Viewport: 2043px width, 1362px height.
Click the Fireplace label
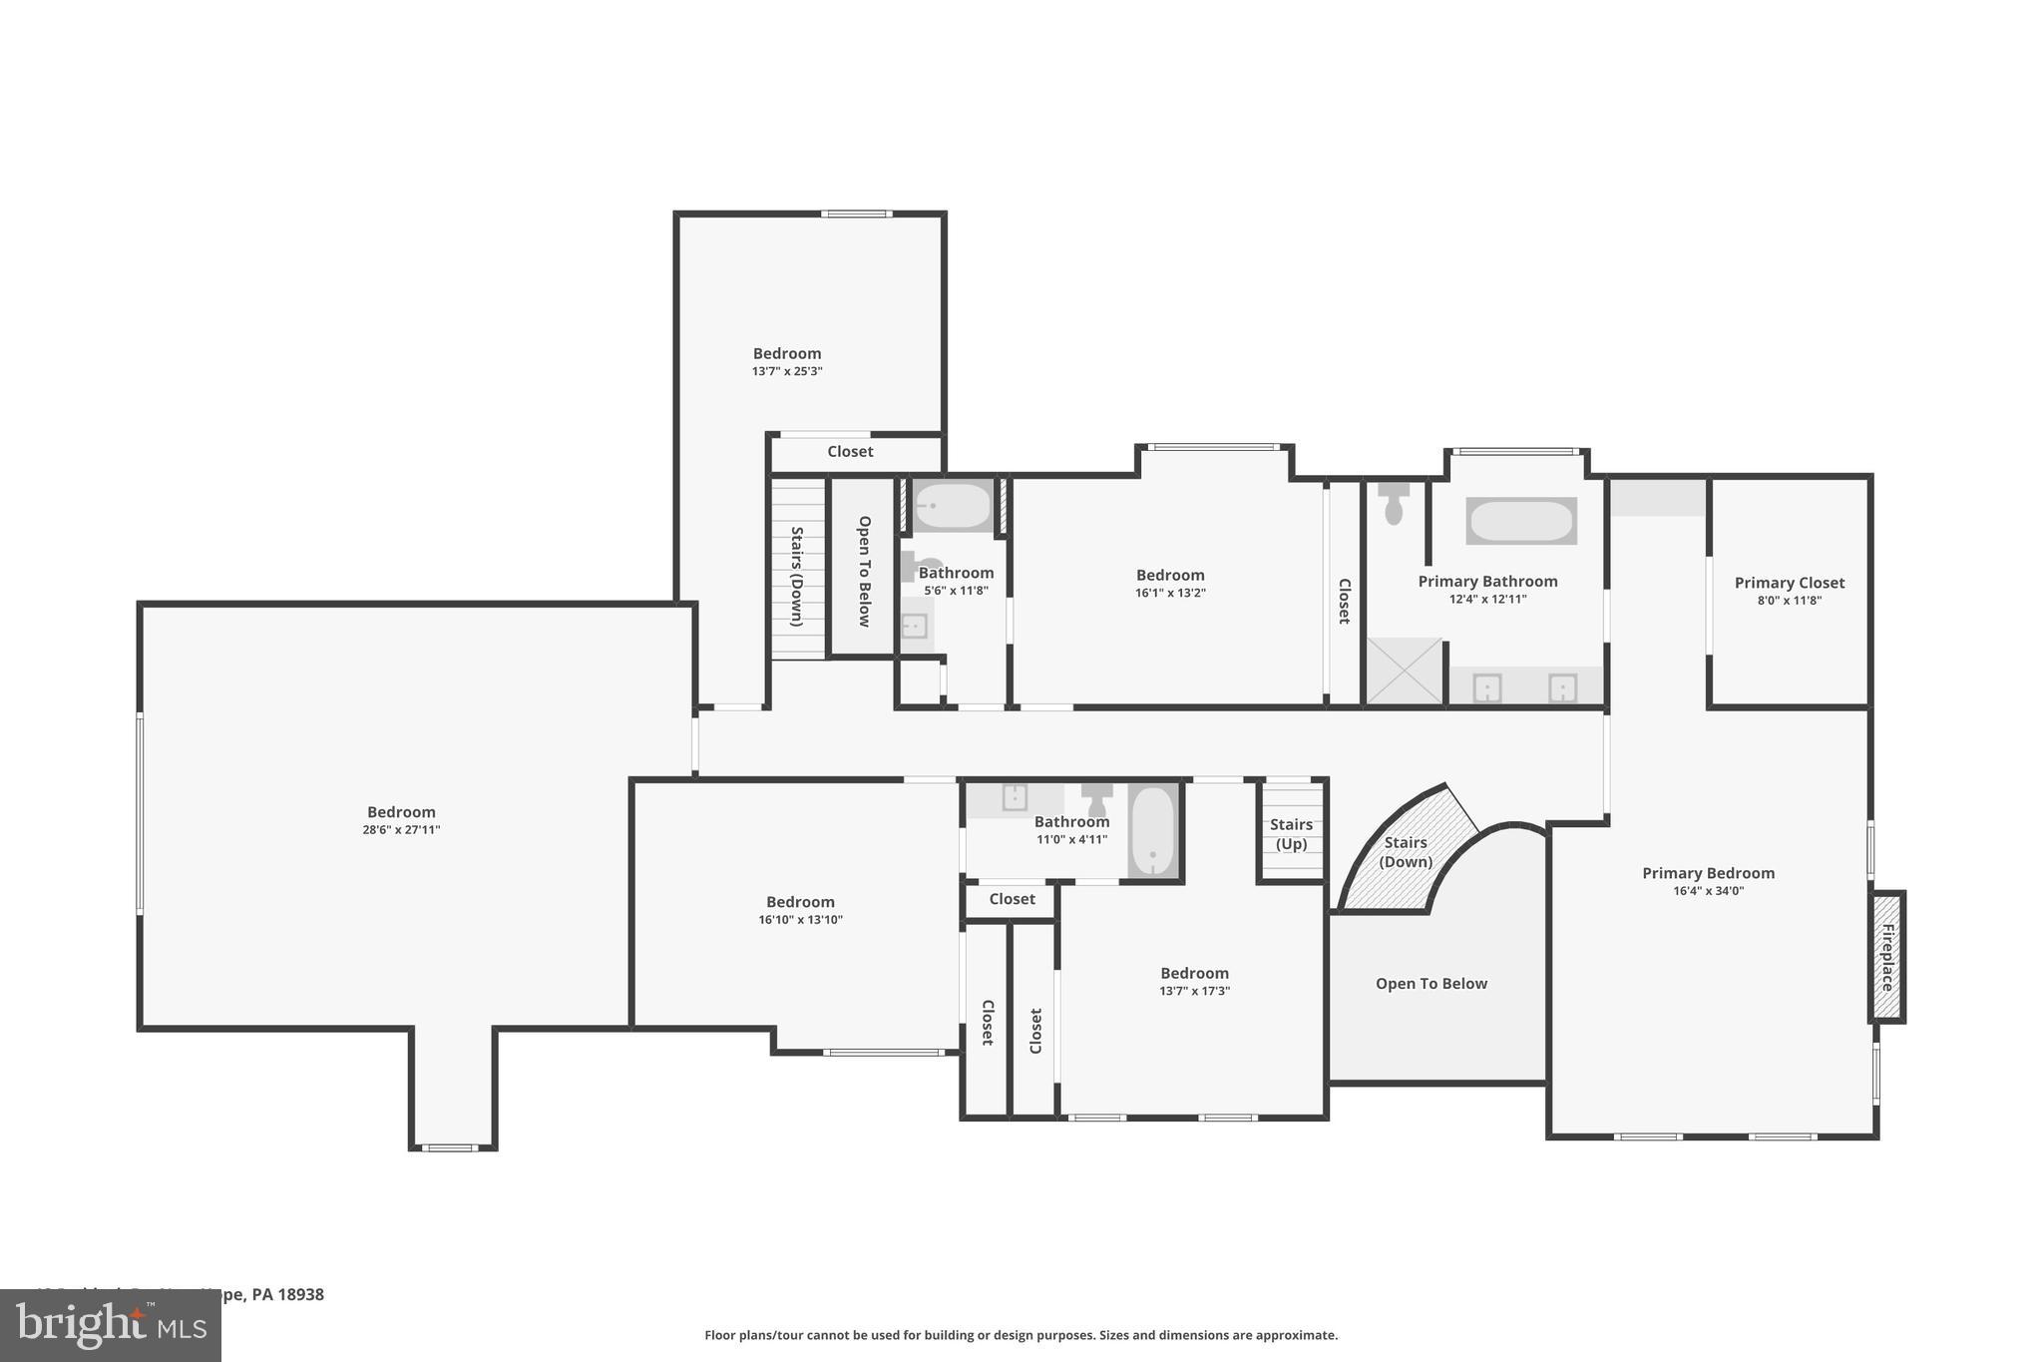tap(1886, 957)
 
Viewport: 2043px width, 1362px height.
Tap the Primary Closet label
tap(1789, 583)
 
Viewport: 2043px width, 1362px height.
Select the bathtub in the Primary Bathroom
tap(1520, 521)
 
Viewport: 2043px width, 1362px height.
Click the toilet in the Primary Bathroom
tap(1394, 504)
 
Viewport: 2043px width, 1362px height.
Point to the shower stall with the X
tap(1404, 671)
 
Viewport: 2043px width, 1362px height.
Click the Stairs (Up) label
tap(1291, 834)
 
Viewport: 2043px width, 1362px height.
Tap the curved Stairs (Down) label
tap(1407, 852)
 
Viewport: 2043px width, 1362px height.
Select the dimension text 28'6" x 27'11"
tap(401, 830)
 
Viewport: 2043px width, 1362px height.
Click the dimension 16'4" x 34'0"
tap(1708, 891)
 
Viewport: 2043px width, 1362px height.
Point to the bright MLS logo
tap(110, 1324)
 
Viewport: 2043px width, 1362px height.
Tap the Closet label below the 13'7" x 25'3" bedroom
tap(850, 452)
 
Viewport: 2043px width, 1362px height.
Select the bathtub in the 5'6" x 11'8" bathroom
tap(952, 506)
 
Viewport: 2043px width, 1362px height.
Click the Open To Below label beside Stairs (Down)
tap(864, 571)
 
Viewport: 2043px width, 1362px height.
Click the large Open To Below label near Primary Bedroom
tap(1430, 984)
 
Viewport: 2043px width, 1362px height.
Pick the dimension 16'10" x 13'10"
tap(800, 920)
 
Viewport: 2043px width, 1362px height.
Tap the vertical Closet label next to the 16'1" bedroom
tap(1344, 602)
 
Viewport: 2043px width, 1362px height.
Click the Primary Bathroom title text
tap(1487, 582)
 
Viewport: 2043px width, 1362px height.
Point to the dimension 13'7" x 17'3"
tap(1194, 991)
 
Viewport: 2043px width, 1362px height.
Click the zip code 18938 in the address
tap(301, 1294)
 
